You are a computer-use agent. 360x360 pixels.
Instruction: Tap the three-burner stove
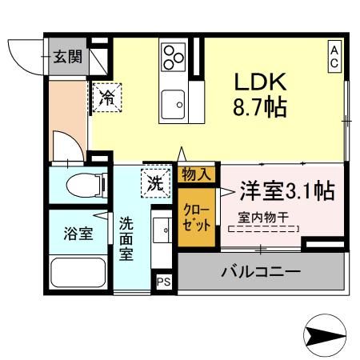point(174,55)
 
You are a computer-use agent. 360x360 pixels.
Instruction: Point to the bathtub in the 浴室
point(78,275)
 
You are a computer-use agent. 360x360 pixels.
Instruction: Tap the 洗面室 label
point(126,238)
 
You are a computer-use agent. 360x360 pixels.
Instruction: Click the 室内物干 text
point(263,216)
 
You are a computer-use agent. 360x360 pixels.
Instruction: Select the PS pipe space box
point(163,282)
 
